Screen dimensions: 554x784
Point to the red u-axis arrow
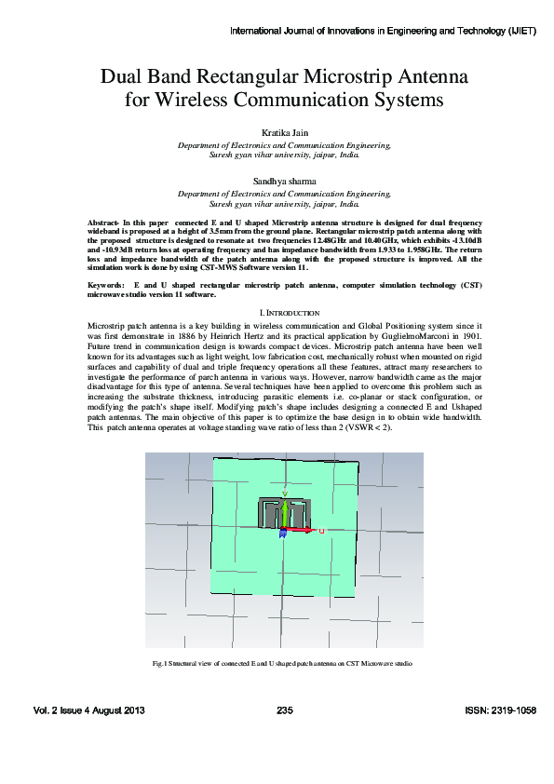click(301, 531)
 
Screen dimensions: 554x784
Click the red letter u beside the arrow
click(321, 531)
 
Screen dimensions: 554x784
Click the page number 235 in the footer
click(285, 711)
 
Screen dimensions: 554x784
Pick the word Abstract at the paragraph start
click(102, 224)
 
